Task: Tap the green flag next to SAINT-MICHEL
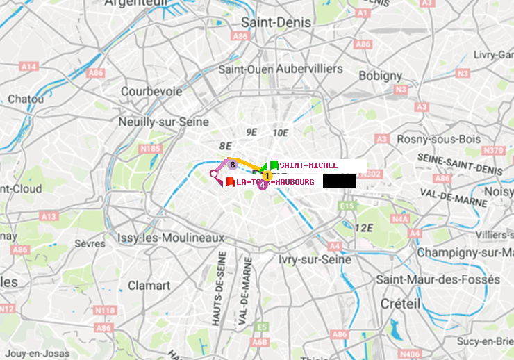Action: point(274,165)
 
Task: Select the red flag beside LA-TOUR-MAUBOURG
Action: point(229,181)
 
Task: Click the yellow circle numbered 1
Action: point(267,175)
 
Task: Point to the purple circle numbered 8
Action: point(232,164)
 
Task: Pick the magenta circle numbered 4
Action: point(263,185)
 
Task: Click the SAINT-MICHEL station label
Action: point(308,165)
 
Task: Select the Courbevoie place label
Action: point(151,91)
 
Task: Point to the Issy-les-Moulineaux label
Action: point(171,238)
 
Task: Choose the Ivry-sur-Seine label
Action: point(315,259)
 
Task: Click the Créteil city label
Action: point(400,304)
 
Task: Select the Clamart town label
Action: point(149,285)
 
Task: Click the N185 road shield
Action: point(150,148)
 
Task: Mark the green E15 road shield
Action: point(347,206)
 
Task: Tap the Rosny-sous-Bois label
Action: point(439,139)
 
